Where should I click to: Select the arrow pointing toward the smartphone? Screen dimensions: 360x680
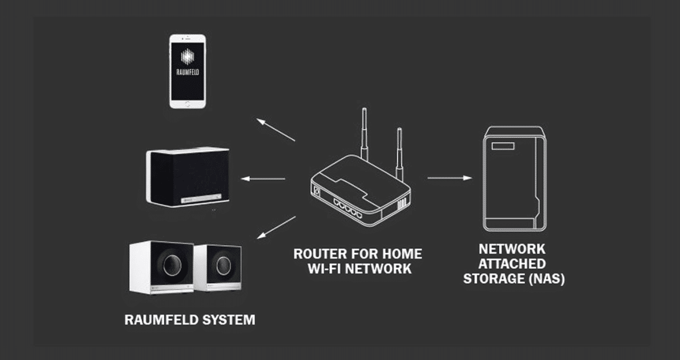coord(275,130)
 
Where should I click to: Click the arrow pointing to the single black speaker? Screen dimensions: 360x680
coord(263,179)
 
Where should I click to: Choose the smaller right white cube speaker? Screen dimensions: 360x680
coord(218,267)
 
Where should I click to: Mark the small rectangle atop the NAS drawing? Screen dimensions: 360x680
coord(504,145)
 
